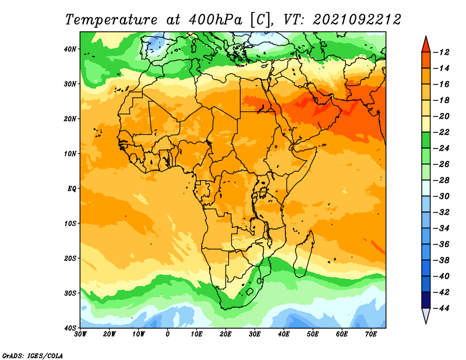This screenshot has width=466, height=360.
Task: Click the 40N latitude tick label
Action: click(x=70, y=49)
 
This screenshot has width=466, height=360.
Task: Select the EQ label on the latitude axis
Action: click(x=72, y=189)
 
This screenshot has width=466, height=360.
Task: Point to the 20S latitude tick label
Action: click(x=70, y=258)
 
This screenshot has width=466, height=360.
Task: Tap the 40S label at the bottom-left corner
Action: click(x=70, y=328)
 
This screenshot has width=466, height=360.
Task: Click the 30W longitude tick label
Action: click(x=80, y=334)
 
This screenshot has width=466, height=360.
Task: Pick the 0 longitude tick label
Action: click(x=168, y=334)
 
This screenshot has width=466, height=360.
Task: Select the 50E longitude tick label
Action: click(x=313, y=334)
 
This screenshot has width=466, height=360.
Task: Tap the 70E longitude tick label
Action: click(x=371, y=334)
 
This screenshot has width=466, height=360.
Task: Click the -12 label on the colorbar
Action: click(x=441, y=52)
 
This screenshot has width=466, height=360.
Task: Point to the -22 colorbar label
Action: click(x=441, y=132)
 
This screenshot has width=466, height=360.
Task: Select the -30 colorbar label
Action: click(x=441, y=196)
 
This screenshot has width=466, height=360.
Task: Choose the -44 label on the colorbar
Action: click(x=441, y=308)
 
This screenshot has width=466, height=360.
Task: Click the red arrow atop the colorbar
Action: click(x=426, y=45)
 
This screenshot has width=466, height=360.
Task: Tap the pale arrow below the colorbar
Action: click(x=426, y=315)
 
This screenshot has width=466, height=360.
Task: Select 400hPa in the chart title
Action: click(x=216, y=20)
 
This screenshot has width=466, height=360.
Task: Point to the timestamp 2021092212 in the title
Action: click(x=357, y=20)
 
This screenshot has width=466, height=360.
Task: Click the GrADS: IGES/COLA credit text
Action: click(x=33, y=356)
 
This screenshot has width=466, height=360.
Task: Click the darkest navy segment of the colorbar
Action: click(x=426, y=300)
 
